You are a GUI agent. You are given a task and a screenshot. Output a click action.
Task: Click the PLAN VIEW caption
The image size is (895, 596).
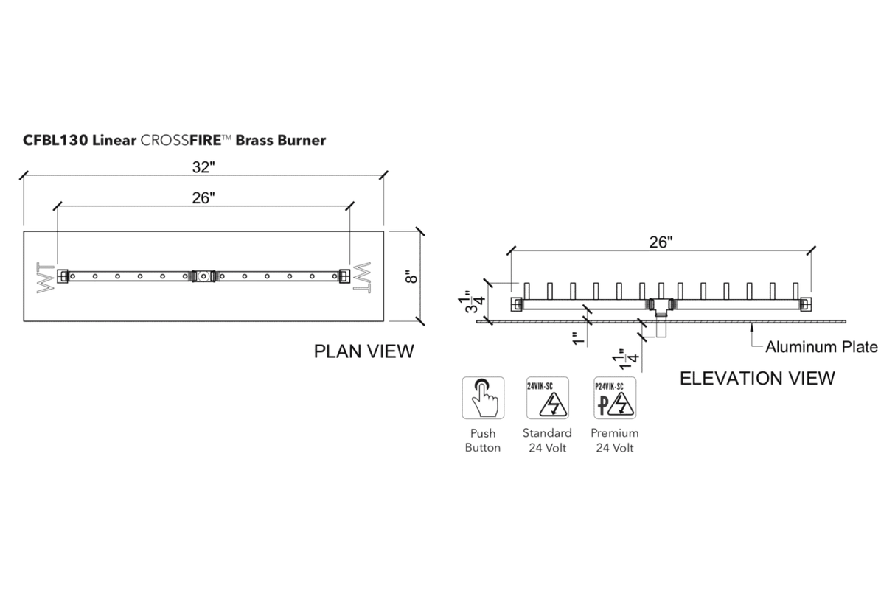[364, 351]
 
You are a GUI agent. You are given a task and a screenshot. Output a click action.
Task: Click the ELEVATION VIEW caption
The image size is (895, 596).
[757, 378]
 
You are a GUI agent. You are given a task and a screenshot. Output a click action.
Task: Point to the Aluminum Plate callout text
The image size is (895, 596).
[821, 346]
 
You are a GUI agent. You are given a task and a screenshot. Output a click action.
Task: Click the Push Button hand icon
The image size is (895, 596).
[483, 399]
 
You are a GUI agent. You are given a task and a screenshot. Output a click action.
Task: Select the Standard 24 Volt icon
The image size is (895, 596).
[546, 399]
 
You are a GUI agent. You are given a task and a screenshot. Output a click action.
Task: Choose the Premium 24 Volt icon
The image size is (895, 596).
[614, 399]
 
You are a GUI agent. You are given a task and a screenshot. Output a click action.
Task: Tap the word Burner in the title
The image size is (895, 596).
[302, 140]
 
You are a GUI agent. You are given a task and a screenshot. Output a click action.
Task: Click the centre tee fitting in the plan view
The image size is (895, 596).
[202, 276]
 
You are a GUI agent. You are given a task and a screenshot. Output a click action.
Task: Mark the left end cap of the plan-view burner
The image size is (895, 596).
[63, 276]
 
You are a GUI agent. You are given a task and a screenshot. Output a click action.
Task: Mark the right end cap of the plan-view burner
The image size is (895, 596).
[344, 276]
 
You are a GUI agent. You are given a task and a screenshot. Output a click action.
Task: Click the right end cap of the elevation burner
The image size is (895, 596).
[804, 304]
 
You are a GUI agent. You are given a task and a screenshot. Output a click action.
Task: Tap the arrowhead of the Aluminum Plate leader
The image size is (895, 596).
[752, 327]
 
